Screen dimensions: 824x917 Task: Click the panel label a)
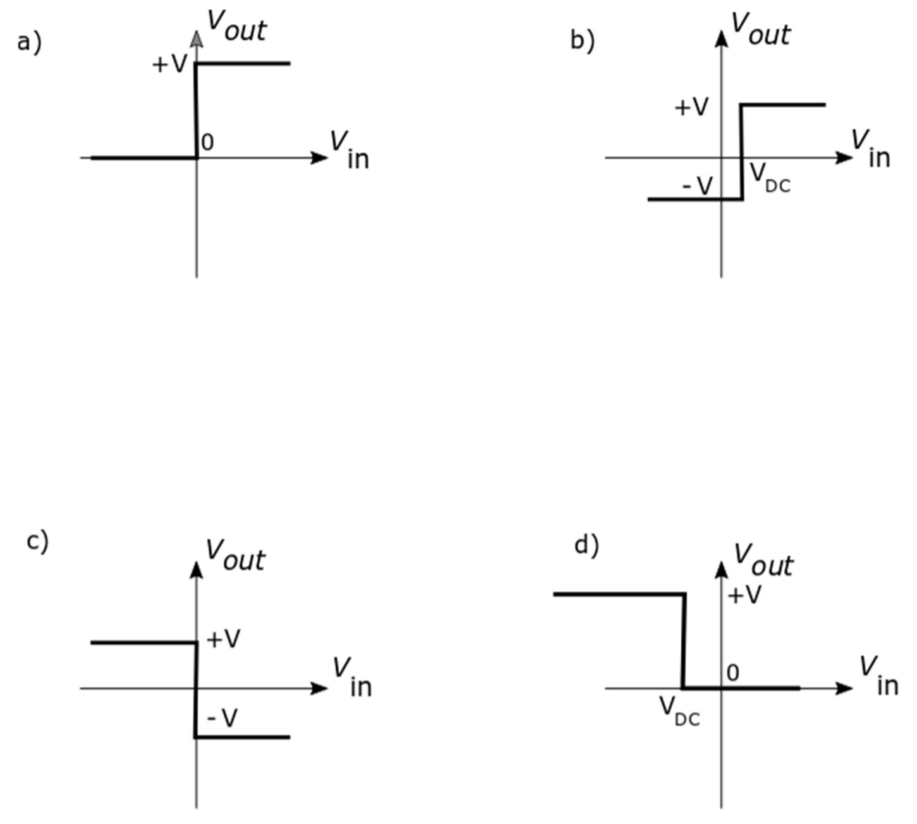click(x=30, y=43)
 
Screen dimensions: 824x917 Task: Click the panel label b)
click(x=582, y=42)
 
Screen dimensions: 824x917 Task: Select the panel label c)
click(x=36, y=542)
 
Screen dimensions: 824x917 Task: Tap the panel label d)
click(x=586, y=545)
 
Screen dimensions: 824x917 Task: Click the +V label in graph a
click(x=171, y=67)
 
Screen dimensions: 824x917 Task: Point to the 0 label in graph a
click(x=207, y=142)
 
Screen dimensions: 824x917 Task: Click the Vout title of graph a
click(x=235, y=30)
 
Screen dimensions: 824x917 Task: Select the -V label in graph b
click(x=697, y=186)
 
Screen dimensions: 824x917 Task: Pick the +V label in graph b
click(x=691, y=108)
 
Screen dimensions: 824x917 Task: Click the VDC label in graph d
click(x=680, y=712)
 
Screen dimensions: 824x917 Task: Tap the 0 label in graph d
click(x=733, y=672)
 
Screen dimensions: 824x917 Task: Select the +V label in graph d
click(x=744, y=595)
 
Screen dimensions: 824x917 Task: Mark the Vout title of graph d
click(x=763, y=560)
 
